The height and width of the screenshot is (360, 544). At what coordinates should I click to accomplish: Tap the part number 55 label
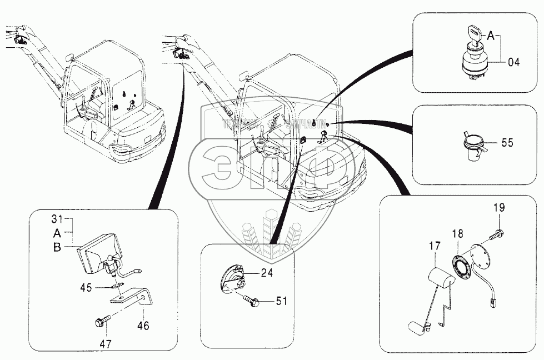click(x=507, y=143)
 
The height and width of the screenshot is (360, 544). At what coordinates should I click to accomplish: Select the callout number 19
click(x=499, y=208)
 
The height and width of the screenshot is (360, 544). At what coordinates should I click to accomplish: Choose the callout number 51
click(x=282, y=301)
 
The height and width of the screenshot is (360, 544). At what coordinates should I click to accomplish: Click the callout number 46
click(x=143, y=326)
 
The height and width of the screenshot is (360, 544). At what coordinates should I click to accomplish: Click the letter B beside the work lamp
click(x=57, y=248)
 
